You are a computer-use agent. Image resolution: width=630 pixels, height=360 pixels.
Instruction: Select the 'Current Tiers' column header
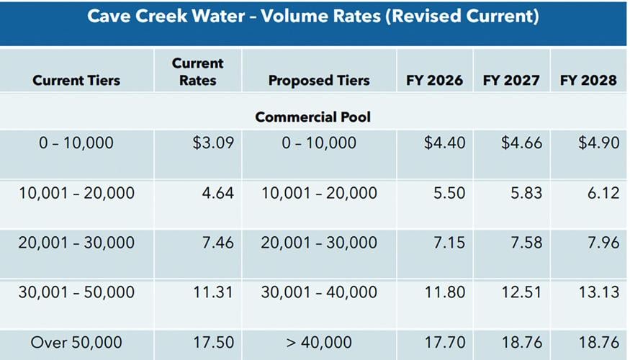[x=76, y=80]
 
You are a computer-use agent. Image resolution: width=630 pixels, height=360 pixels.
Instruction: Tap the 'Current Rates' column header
[x=197, y=72]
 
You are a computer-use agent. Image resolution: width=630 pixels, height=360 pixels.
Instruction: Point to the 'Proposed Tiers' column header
[x=319, y=80]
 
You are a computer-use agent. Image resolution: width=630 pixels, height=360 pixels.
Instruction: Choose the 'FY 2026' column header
[x=434, y=80]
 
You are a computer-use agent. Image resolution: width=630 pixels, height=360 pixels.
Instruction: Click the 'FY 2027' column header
[x=511, y=80]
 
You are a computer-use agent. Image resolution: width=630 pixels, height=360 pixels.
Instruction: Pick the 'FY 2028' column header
[x=588, y=80]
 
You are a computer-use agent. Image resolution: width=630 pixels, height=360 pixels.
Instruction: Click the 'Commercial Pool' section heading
[x=313, y=117]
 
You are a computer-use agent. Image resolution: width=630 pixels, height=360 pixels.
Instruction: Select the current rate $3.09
[x=213, y=143]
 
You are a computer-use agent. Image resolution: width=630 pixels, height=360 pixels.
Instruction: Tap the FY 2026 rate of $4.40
[x=445, y=143]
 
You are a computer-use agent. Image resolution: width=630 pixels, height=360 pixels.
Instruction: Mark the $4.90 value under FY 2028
[x=598, y=143]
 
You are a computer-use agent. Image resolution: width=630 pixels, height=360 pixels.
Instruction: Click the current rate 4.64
[x=218, y=193]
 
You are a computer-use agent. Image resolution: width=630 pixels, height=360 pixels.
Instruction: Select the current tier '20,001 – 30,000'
[x=76, y=243]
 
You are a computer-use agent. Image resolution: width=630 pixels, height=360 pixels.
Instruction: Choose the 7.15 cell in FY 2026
[x=449, y=243]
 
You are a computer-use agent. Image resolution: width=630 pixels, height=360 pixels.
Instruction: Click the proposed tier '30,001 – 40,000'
[x=319, y=292]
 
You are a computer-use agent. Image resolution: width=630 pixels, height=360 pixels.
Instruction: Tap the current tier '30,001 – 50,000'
[x=76, y=292]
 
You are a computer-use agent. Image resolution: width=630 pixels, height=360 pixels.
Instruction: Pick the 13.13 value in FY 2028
[x=599, y=292]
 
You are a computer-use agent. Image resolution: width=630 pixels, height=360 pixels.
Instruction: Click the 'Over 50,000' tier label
[x=76, y=342]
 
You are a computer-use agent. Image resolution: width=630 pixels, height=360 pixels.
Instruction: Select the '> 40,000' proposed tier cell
[x=319, y=342]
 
